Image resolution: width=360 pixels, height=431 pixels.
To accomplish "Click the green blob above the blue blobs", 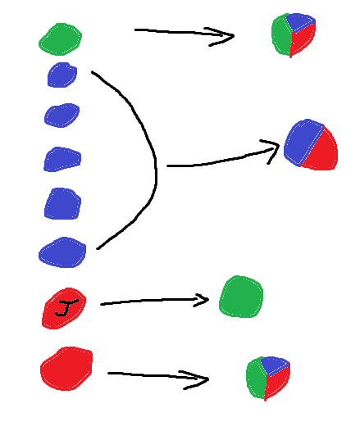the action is [60, 39].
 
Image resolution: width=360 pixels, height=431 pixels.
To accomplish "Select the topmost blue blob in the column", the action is [62, 75].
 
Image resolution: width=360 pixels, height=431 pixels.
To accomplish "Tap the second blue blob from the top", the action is [62, 116].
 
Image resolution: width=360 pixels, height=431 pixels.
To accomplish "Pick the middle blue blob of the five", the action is [62, 159].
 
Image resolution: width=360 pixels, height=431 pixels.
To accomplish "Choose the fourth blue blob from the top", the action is [62, 204].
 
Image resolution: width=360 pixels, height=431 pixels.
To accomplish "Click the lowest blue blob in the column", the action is [62, 252].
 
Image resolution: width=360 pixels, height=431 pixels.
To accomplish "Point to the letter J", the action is [66, 308].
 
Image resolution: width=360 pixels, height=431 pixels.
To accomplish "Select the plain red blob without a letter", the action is [66, 369].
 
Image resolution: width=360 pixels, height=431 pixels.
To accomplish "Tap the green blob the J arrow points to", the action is [241, 297].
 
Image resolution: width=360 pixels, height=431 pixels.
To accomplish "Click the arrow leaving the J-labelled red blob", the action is [154, 301].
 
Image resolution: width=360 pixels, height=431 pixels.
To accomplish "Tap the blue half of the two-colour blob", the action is [303, 142].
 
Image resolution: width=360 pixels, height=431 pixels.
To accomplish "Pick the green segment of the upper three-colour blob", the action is [281, 34].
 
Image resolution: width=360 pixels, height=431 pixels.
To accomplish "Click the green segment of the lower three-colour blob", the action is [256, 378].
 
